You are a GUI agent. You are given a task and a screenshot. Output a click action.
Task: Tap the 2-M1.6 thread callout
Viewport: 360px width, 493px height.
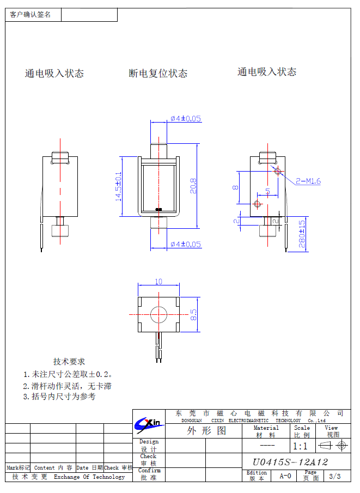pos(308,181)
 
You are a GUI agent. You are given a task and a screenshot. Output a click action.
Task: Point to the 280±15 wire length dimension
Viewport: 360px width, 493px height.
pos(302,234)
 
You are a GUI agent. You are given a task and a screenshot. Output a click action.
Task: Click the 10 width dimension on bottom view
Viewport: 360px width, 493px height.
pos(158,282)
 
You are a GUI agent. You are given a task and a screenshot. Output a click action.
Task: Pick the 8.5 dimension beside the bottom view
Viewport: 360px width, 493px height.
pos(193,315)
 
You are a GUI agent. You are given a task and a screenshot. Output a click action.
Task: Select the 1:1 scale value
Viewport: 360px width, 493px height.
pos(300,446)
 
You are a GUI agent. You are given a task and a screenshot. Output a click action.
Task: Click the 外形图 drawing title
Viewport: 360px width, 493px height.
pos(206,431)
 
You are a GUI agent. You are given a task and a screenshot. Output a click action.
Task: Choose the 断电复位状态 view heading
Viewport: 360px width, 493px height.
pos(158,73)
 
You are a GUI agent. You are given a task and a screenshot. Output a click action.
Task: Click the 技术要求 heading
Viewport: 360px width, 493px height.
pos(69,361)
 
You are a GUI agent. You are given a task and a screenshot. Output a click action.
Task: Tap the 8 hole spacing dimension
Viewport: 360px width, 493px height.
pos(235,187)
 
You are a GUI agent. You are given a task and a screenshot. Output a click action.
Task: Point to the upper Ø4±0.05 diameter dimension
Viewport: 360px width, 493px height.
pos(185,118)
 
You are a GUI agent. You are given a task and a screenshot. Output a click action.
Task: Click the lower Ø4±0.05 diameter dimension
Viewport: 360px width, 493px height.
pos(185,244)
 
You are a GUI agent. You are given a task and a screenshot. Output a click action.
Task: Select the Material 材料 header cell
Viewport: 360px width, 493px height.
pos(266,431)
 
